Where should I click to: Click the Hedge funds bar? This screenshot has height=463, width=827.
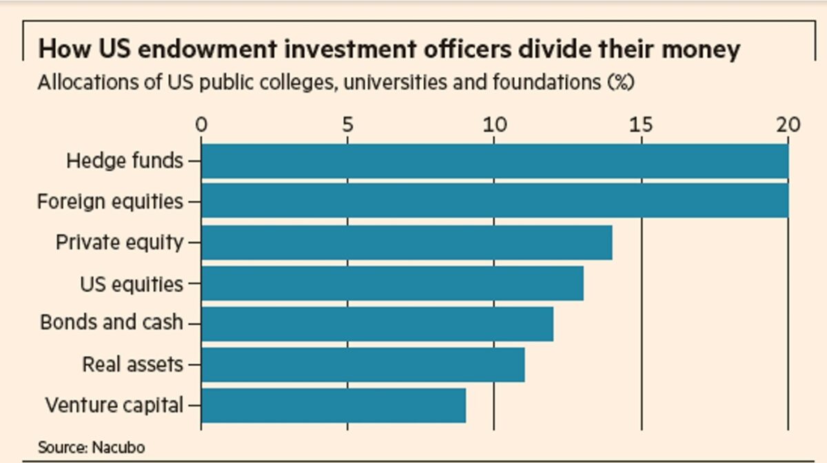coord(495,161)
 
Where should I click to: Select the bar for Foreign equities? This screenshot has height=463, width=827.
coord(495,200)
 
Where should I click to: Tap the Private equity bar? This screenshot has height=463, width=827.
coord(407,243)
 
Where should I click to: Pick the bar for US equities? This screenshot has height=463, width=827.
coord(392,283)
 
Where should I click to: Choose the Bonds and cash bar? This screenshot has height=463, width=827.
coord(377,324)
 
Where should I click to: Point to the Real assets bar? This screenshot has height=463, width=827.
coord(363,364)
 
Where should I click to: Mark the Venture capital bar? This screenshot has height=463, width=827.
coord(334,405)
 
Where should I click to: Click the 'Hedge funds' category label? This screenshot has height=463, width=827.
coord(125,161)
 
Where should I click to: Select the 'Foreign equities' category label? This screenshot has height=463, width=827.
coord(110,202)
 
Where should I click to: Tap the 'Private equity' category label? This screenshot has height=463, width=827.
coord(119,243)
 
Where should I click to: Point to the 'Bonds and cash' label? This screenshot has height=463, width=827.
coord(112,322)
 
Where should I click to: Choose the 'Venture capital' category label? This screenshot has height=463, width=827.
coord(114,405)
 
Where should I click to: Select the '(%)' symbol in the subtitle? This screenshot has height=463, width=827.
coord(620,83)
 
